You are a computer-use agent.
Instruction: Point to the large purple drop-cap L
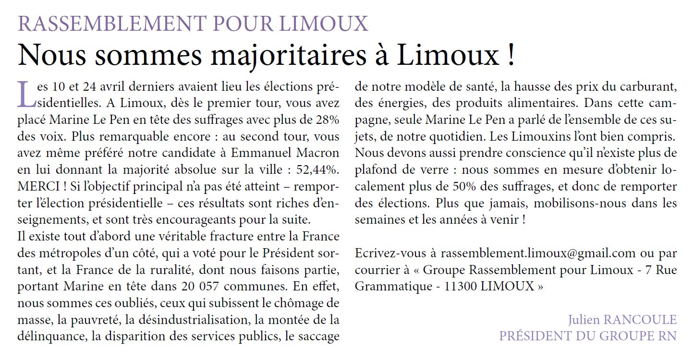26,94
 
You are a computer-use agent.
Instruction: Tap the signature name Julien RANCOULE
622,320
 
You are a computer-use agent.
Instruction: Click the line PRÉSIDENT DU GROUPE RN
587,336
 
